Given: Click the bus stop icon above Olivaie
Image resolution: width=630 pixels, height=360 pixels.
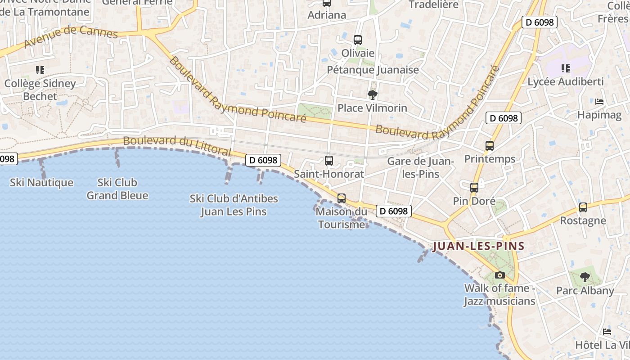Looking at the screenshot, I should point(358,40).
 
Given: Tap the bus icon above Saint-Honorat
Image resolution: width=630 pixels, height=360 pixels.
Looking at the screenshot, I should point(329,161).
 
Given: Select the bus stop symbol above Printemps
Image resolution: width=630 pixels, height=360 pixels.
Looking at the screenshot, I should point(490,146).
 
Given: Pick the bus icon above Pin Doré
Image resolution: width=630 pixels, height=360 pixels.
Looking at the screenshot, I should point(474,188).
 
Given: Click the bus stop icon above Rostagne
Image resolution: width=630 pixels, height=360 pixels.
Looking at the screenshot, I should point(583,207).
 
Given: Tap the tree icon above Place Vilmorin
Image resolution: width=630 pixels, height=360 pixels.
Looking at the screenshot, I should point(372,95).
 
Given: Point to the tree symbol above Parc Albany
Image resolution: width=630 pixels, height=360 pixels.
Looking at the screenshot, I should point(585,277).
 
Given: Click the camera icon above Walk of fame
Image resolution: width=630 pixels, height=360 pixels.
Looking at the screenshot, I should point(499,275).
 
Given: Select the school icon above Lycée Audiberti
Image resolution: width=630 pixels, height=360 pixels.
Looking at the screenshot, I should point(566,68).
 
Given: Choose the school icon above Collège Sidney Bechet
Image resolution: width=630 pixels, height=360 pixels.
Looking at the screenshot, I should point(40,70).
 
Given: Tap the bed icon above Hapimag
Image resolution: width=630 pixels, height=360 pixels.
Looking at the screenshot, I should point(599,102).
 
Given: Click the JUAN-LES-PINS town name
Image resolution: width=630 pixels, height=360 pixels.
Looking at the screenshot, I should point(478,246).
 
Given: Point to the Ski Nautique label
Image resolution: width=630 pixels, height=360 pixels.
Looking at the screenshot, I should point(41,183).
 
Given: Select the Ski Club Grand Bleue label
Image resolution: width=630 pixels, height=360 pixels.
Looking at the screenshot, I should point(117,189).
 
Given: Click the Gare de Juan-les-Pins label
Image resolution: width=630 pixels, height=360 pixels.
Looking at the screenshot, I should point(420,167).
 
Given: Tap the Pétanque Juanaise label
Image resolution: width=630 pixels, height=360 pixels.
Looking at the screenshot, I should point(373,70).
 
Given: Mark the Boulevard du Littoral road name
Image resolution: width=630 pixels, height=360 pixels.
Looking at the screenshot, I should point(177,146).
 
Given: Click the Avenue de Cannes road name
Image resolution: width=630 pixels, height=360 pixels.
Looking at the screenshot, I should point(71,36).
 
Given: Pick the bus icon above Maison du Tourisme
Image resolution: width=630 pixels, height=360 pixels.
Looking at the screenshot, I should point(342,198).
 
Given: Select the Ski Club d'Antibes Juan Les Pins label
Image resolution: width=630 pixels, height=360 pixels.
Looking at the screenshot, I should point(234,205).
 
